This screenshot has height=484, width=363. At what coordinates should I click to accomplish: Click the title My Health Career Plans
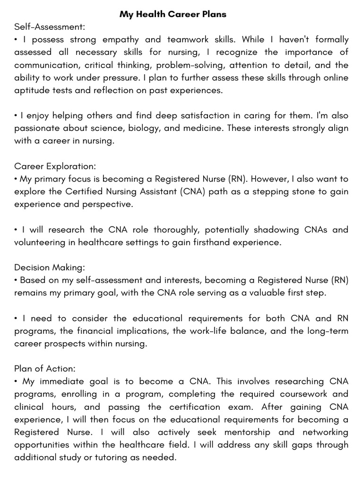[x=173, y=14]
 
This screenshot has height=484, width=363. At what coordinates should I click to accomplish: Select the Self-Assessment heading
[x=50, y=27]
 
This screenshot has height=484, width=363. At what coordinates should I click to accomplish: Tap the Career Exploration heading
[x=55, y=166]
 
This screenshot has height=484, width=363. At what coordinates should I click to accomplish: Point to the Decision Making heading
[x=50, y=268]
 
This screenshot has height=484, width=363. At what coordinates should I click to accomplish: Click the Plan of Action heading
[x=45, y=368]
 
